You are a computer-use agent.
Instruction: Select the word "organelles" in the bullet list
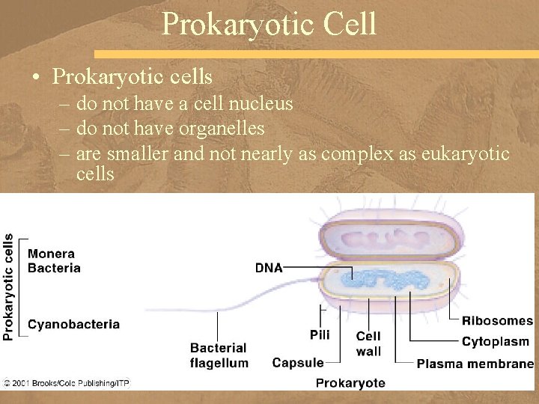222,129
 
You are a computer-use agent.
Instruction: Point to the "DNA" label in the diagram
269,267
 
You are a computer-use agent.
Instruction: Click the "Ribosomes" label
497,321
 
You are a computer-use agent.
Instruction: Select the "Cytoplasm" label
495,342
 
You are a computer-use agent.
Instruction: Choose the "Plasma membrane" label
475,364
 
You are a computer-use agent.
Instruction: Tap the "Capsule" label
298,363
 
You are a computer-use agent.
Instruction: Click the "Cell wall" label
368,343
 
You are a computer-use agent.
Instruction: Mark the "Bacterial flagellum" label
219,355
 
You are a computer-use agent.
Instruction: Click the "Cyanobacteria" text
73,325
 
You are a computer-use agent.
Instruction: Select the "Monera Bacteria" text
54,261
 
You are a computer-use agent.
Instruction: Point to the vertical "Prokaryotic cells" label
8,287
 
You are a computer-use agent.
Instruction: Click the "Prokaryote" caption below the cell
350,383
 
